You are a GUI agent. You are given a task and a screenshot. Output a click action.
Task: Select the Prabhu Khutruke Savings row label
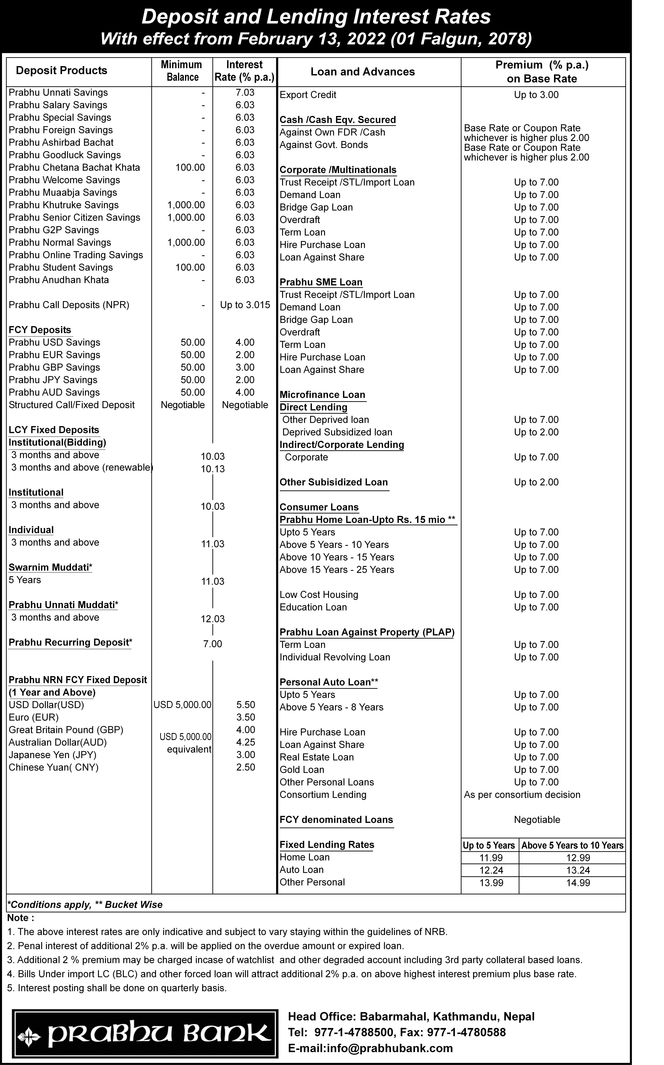(64, 205)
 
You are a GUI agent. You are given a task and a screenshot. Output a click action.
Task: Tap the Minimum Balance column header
(182, 71)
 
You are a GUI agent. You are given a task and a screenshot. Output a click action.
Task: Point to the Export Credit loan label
(308, 95)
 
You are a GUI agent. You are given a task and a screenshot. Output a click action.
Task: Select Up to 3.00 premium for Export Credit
(536, 95)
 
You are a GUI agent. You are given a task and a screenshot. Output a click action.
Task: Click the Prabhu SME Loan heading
(321, 282)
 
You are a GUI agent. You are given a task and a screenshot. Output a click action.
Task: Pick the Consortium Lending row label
(323, 795)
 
